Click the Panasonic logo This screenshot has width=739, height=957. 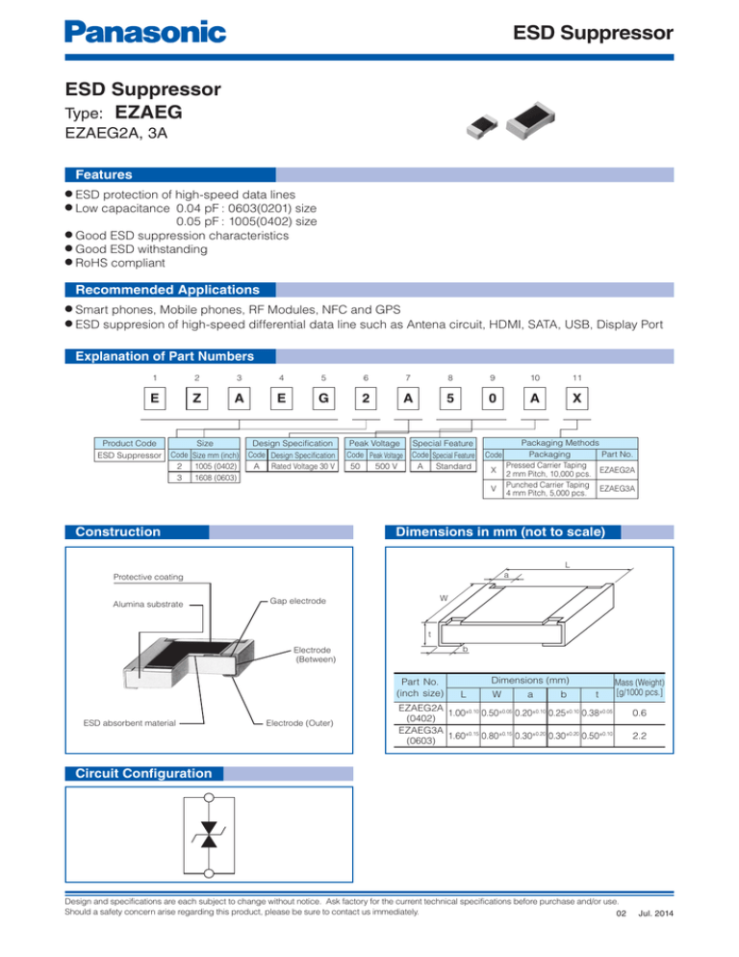(145, 33)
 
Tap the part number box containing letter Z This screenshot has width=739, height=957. (195, 398)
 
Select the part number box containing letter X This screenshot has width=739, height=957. (574, 398)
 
